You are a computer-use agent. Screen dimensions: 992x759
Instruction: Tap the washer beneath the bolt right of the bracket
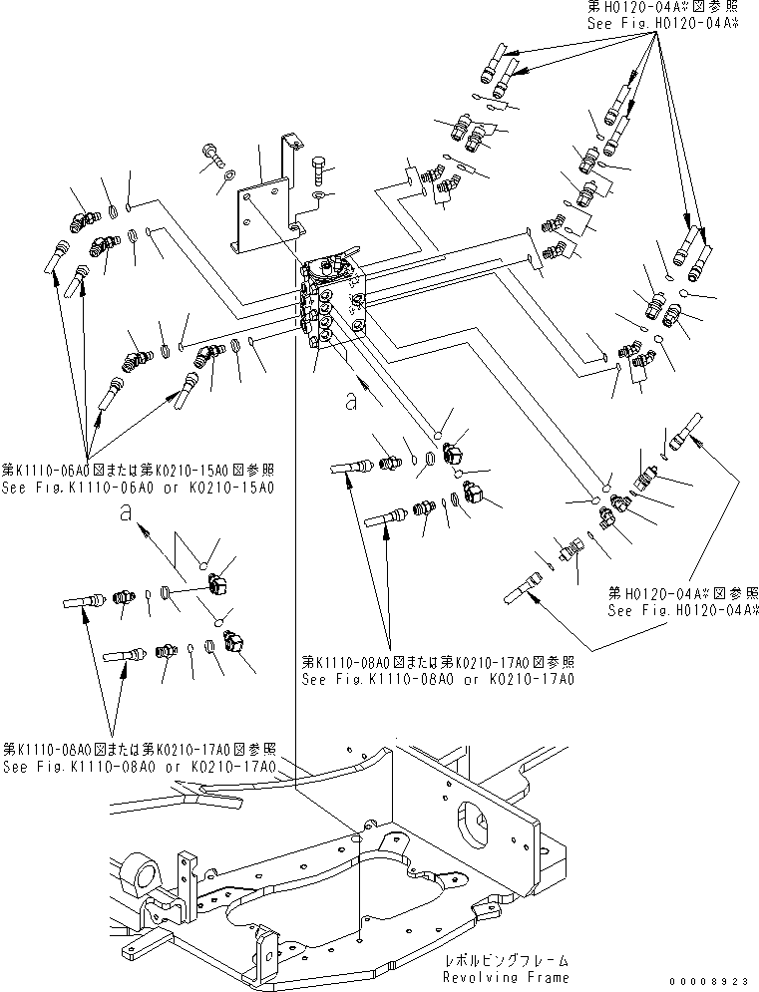pyautogui.click(x=317, y=199)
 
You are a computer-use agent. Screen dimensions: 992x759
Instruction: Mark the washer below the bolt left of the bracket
pyautogui.click(x=229, y=176)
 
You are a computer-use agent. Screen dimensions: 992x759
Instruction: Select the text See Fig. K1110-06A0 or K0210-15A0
pyautogui.click(x=138, y=487)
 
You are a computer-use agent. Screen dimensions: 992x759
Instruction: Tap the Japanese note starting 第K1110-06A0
pyautogui.click(x=138, y=470)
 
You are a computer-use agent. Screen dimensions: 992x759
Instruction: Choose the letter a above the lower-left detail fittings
pyautogui.click(x=125, y=512)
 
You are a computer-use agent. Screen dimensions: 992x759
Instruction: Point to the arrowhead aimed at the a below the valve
pyautogui.click(x=379, y=401)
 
